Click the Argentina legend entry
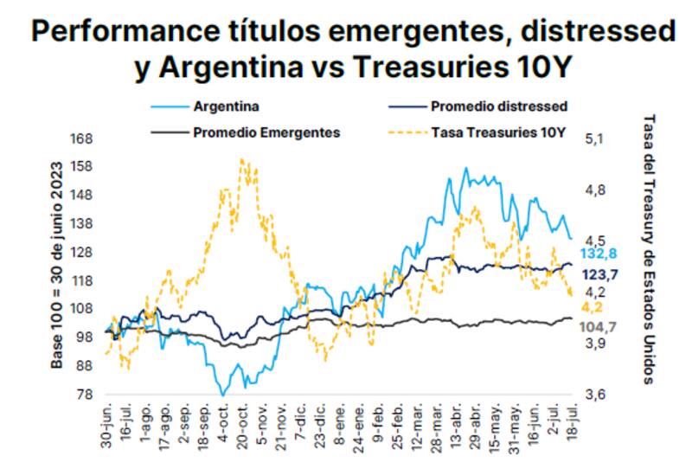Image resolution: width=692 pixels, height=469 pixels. point(227,107)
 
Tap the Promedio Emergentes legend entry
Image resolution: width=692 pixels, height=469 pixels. point(266,132)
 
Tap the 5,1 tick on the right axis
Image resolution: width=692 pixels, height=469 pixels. point(599,138)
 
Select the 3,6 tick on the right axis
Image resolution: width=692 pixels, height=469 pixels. point(599,395)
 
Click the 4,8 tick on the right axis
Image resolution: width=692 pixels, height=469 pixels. point(599,190)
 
